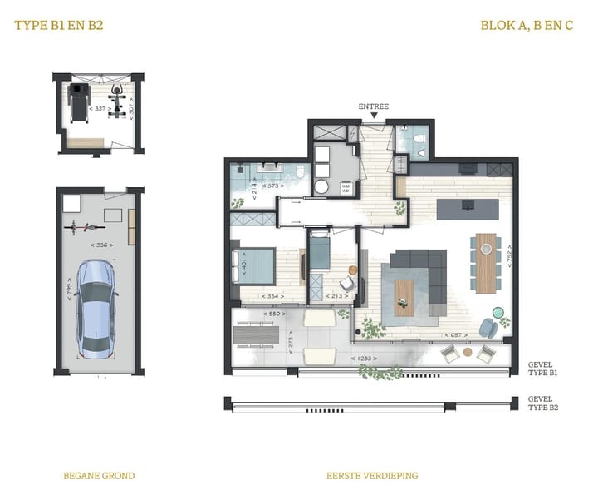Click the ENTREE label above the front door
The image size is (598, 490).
point(373,106)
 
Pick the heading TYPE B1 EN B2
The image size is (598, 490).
point(59,25)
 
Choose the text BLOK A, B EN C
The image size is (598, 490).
point(527,25)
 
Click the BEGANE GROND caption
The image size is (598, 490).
point(99,476)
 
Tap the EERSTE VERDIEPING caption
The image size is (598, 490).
point(372,476)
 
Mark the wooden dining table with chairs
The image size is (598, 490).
point(487,261)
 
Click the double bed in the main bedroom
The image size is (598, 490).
point(257,265)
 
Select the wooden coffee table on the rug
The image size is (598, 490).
point(404,298)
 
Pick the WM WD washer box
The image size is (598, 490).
point(346,189)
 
